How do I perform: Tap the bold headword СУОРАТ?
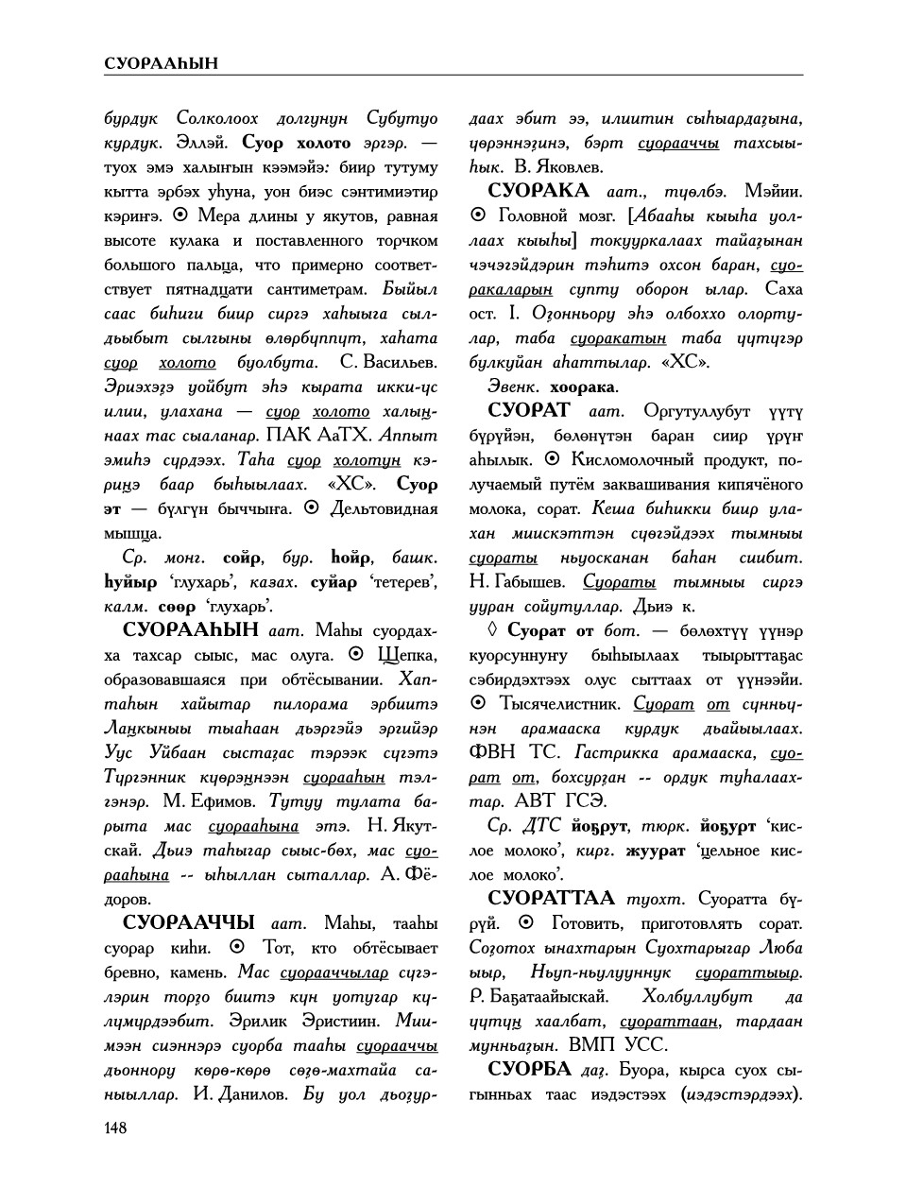(x=529, y=410)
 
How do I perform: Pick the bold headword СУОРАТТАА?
(x=551, y=898)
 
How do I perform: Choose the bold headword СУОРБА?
(x=529, y=1069)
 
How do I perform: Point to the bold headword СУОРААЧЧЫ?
(x=189, y=922)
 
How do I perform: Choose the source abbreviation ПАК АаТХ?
(x=321, y=436)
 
